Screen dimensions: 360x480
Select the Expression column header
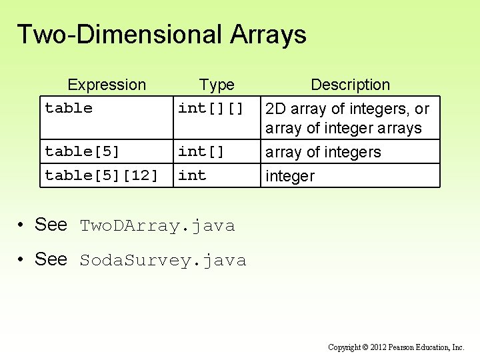[107, 85]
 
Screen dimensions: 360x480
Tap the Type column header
[217, 85]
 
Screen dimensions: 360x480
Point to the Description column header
[350, 85]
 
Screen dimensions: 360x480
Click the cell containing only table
[69, 108]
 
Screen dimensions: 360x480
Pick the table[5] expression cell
[82, 151]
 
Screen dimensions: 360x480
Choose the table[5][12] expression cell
[101, 175]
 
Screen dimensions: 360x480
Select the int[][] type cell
[211, 108]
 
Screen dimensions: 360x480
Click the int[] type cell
[201, 151]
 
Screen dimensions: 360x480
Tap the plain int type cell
[192, 175]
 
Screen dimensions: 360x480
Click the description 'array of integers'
[323, 152]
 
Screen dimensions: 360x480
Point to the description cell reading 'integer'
[290, 176]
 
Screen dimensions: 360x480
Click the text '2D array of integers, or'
[347, 109]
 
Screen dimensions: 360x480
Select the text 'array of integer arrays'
[343, 128]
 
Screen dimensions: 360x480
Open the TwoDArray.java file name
[157, 226]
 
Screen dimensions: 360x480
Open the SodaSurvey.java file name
[163, 261]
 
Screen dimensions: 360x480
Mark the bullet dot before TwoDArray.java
[23, 225]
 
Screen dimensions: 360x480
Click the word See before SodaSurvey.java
[51, 259]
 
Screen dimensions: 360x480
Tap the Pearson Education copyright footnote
[396, 347]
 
